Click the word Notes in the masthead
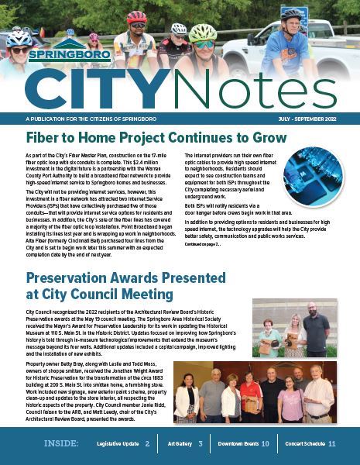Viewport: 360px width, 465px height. pos(226,90)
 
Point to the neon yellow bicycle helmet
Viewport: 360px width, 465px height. pos(203,33)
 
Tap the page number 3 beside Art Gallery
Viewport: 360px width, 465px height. pos(201,444)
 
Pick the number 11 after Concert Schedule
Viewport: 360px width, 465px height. pos(331,444)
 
